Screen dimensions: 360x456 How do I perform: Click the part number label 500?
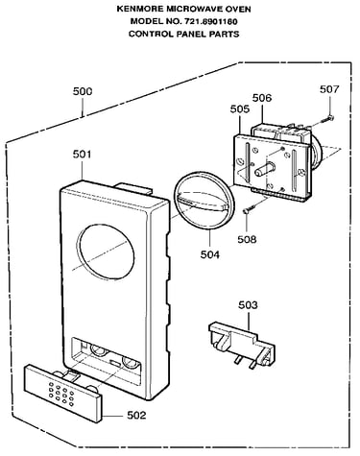[x=83, y=91]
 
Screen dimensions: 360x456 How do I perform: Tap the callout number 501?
[x=83, y=155]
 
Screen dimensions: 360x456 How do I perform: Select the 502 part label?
[x=136, y=416]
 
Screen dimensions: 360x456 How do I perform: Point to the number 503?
[x=248, y=305]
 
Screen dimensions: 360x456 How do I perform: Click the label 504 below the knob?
[x=210, y=254]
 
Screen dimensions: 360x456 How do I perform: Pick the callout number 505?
[x=240, y=109]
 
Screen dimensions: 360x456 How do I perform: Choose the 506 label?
[x=262, y=98]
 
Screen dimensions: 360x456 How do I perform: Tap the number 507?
[x=329, y=89]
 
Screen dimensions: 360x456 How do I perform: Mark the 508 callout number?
[x=247, y=239]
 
